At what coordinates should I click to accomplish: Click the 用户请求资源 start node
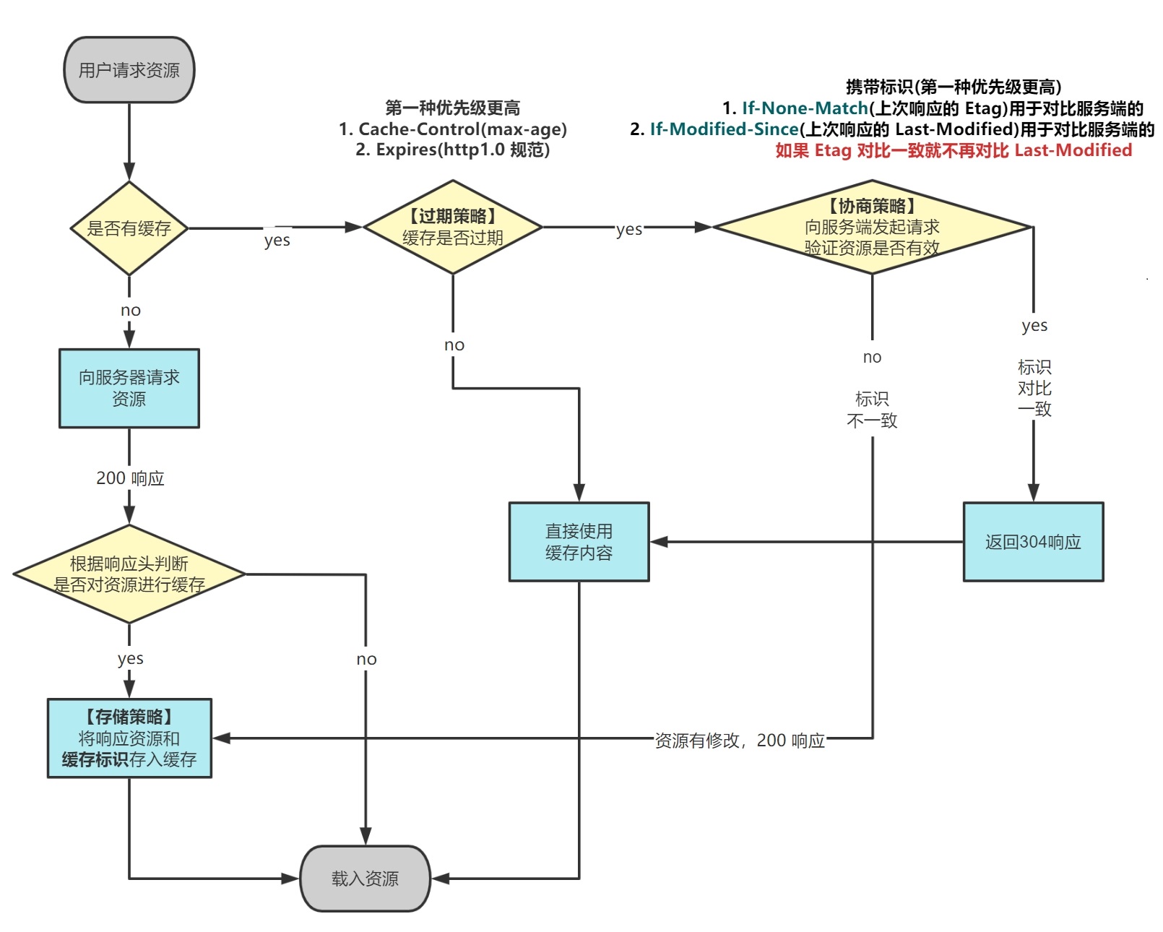[x=129, y=70]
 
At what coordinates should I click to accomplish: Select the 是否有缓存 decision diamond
[x=129, y=228]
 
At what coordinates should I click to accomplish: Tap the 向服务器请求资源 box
[x=129, y=388]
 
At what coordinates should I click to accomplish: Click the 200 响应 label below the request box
[x=130, y=478]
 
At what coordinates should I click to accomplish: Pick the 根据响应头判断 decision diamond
[x=129, y=574]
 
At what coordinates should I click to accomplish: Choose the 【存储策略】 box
[x=129, y=738]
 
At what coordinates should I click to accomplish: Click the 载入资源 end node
[x=365, y=879]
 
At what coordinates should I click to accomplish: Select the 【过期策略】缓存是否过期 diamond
[x=453, y=227]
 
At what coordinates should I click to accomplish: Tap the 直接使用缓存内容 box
[x=579, y=542]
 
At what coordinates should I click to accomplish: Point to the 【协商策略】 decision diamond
[x=872, y=227]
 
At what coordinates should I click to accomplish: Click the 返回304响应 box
[x=1033, y=542]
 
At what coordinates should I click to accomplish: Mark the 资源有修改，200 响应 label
[x=740, y=741]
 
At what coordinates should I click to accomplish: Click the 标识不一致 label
[x=872, y=410]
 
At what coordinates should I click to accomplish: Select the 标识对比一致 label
[x=1034, y=388]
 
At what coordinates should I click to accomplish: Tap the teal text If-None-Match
[x=805, y=108]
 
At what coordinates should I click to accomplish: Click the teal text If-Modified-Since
[x=724, y=129]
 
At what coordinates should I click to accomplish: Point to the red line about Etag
[x=954, y=150]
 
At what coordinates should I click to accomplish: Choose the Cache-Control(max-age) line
[x=453, y=129]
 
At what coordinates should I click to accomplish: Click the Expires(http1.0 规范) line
[x=453, y=150]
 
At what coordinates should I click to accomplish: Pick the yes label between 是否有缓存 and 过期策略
[x=277, y=240]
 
